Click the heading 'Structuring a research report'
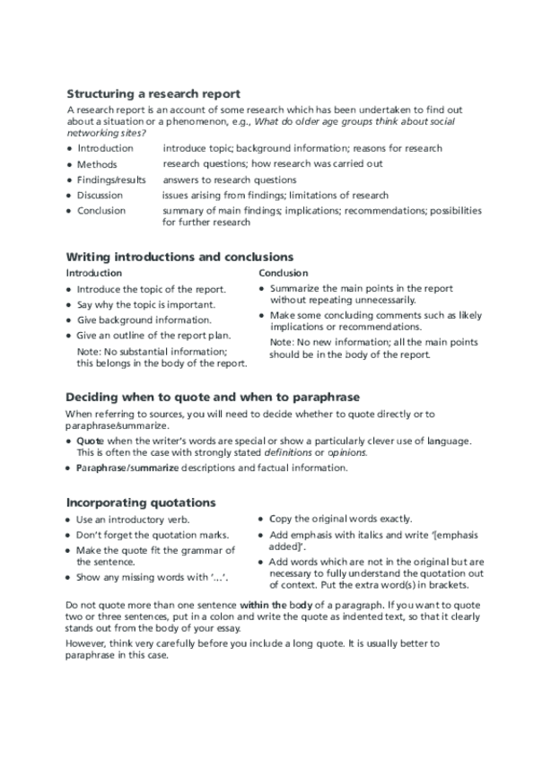tap(153, 93)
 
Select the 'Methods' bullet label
tap(97, 164)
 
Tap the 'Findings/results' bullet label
tap(111, 179)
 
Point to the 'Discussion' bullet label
tap(101, 195)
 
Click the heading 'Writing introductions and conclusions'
tap(180, 257)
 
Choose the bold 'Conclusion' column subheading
tap(284, 273)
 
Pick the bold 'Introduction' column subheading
tap(94, 273)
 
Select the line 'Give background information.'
tap(144, 319)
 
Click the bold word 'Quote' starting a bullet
tap(90, 442)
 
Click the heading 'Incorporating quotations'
tap(142, 502)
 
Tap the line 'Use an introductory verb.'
tap(136, 520)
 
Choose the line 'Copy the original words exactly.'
tap(341, 519)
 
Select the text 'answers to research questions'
tap(230, 179)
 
